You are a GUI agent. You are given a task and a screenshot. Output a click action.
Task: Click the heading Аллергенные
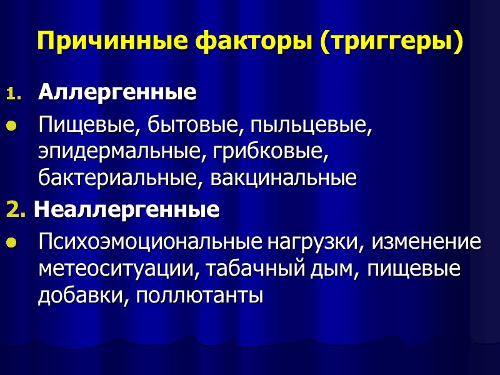click(117, 93)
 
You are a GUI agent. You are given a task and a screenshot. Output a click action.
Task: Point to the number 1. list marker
click(12, 94)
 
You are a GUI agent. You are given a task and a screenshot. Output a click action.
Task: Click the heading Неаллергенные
click(126, 209)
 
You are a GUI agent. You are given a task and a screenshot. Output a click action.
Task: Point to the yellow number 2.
click(15, 210)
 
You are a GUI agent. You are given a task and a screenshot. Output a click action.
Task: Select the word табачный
click(249, 269)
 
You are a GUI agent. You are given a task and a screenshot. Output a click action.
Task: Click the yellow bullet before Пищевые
click(10, 127)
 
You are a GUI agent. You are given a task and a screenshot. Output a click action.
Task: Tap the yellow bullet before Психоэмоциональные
click(10, 244)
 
